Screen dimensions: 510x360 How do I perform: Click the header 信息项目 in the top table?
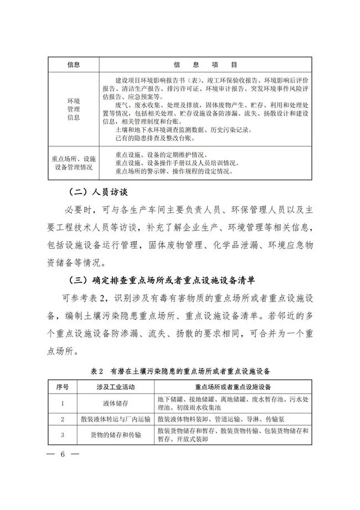pyautogui.click(x=206, y=64)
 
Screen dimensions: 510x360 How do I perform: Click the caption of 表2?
pyautogui.click(x=180, y=369)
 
